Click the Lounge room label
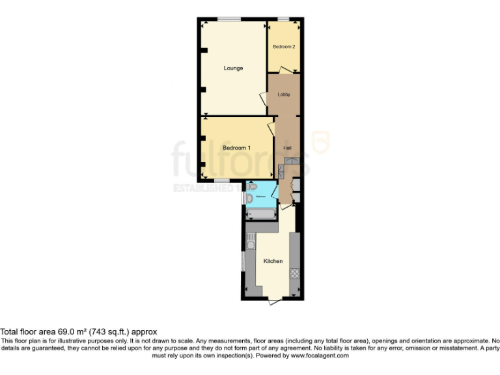click(233, 68)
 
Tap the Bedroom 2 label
click(284, 47)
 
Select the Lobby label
click(284, 94)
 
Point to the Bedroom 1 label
click(236, 148)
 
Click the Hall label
click(287, 148)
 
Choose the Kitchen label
click(273, 261)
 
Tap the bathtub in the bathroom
click(261, 213)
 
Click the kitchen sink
click(250, 245)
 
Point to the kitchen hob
click(294, 274)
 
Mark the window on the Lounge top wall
click(227, 19)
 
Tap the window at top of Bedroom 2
click(284, 19)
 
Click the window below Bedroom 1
click(222, 180)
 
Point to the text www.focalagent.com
click(319, 355)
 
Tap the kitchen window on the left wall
click(243, 262)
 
